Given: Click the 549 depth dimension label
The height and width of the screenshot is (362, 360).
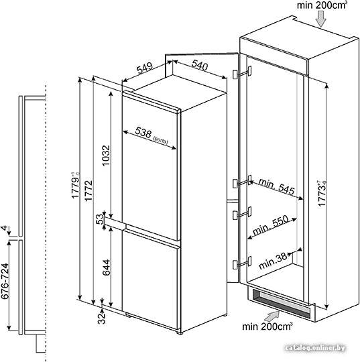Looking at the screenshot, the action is click(145, 68).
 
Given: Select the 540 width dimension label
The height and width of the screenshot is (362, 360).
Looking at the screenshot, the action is click(200, 65).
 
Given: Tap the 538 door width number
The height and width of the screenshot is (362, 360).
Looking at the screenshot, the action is click(143, 133).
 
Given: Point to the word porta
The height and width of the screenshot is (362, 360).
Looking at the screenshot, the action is click(160, 141).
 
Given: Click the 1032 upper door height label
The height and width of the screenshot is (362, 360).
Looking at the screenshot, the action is click(106, 156).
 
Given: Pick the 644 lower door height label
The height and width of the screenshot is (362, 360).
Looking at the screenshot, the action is click(106, 267).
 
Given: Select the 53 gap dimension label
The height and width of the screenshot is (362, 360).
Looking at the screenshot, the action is click(100, 219).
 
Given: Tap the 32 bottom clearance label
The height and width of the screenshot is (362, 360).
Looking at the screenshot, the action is click(101, 318).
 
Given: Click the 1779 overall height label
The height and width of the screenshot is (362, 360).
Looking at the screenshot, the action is click(75, 185).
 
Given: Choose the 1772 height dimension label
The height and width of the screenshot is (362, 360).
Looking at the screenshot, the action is click(88, 190).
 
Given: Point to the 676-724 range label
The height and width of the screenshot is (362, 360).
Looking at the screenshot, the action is click(5, 281).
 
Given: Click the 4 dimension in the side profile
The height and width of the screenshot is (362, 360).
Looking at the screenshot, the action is click(4, 229).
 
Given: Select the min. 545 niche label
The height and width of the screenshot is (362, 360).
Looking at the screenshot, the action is click(277, 186).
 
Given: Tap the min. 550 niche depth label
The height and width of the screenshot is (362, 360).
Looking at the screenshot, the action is click(271, 225).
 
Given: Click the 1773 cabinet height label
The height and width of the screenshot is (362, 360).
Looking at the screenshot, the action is click(322, 193).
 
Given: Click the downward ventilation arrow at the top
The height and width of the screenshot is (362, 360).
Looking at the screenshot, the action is click(320, 19).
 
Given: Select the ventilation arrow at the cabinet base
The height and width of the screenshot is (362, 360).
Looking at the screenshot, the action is click(272, 316).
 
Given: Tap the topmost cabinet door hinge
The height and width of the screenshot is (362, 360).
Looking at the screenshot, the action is click(242, 72).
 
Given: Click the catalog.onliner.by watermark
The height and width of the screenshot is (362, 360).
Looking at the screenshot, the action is click(316, 348).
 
